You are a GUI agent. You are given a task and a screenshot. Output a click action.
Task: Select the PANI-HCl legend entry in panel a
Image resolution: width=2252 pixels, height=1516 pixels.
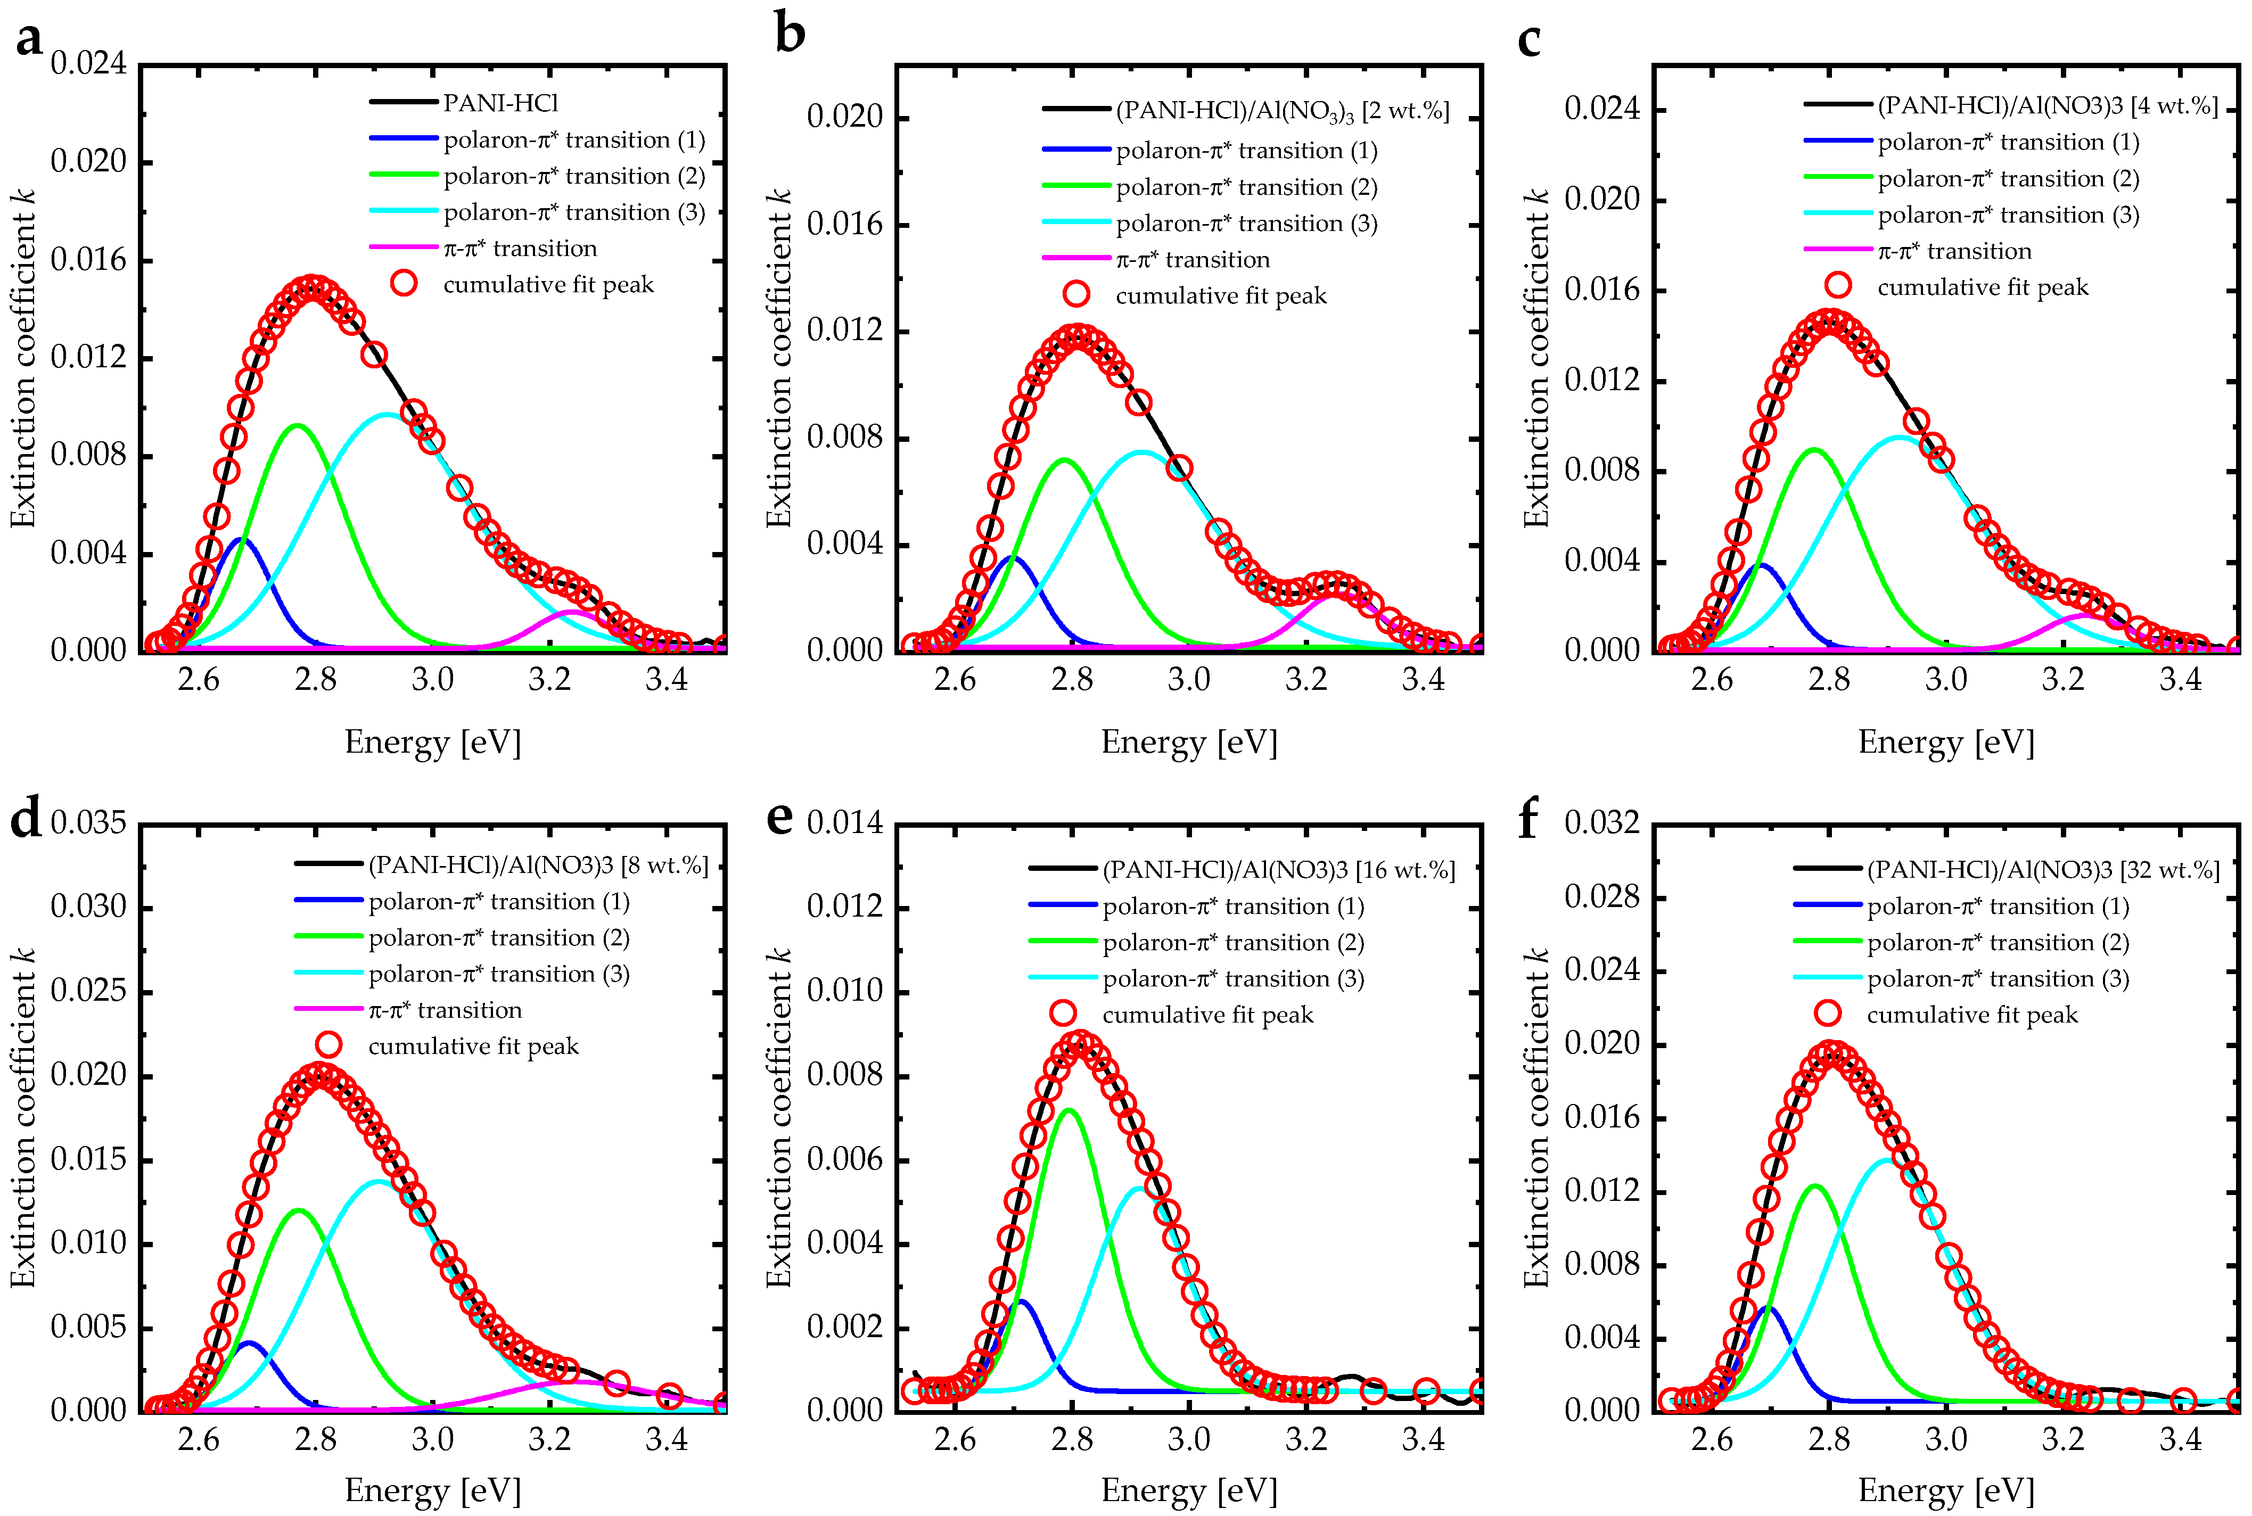point(500,103)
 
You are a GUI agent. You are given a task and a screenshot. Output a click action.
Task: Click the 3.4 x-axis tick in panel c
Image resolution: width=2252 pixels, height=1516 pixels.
point(2180,680)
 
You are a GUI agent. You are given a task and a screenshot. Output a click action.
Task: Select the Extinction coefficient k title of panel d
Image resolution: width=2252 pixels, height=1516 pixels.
point(22,1117)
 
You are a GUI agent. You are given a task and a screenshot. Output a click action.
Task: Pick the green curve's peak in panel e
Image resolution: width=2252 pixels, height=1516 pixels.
point(1069,1110)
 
